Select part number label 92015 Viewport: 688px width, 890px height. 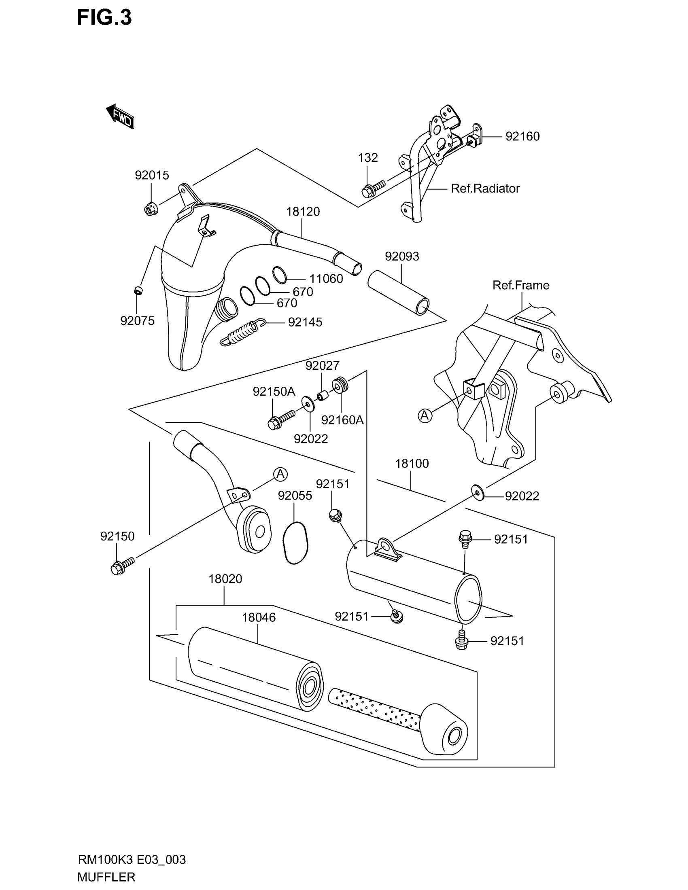152,175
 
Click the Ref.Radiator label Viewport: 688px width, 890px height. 485,189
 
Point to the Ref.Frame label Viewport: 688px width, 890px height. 520,285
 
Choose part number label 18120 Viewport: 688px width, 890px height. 303,212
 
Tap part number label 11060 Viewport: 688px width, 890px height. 326,279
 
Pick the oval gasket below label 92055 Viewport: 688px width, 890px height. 295,543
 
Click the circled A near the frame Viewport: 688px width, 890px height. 425,415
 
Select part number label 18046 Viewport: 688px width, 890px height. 259,617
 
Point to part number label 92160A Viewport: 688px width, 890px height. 342,420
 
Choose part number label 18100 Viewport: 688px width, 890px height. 412,463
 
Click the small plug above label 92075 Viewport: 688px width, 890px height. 138,290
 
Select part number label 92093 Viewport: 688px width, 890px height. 402,256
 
